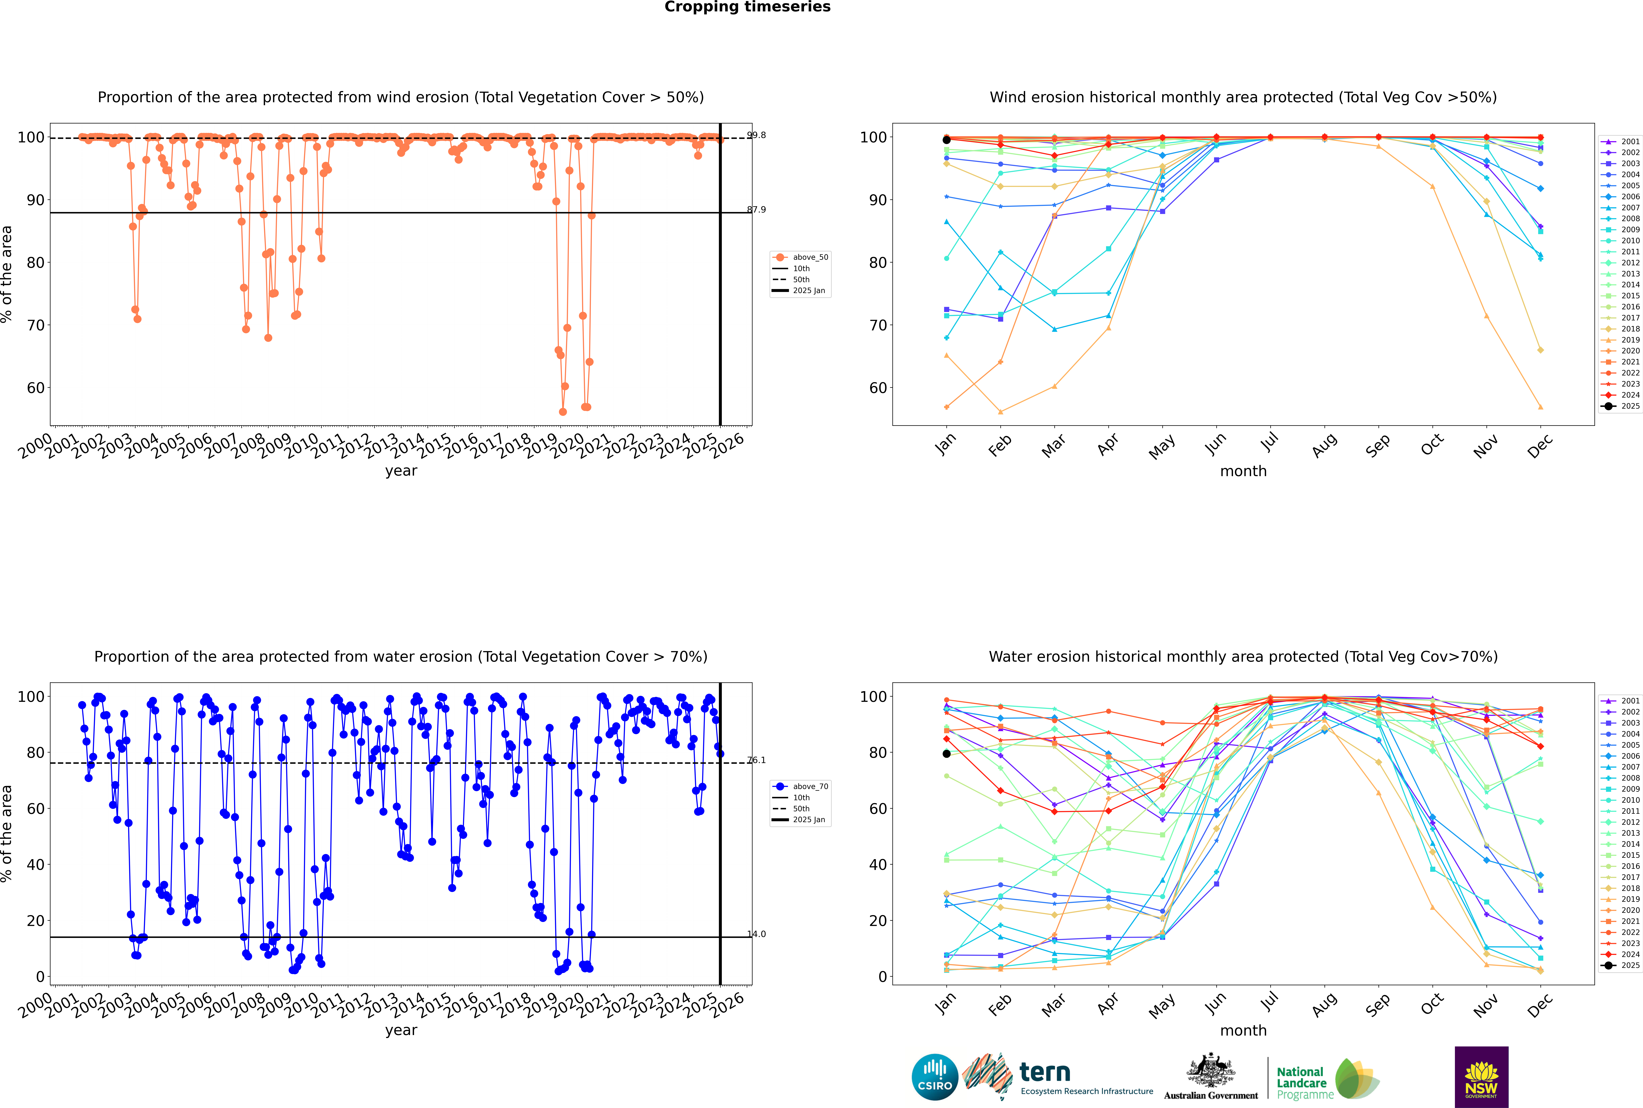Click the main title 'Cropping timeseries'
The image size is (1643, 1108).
[747, 7]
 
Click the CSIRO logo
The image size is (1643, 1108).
[934, 1078]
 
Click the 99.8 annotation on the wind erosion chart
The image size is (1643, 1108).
[757, 135]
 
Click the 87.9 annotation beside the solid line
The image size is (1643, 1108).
[757, 210]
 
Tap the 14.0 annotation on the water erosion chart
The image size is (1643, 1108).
[757, 934]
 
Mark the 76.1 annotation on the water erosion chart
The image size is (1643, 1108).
[757, 760]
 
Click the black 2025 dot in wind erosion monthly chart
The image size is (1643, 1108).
[947, 140]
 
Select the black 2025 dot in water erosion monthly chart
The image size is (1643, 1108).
[947, 754]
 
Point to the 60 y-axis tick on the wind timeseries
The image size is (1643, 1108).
[35, 388]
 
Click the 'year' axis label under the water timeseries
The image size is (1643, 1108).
[401, 1030]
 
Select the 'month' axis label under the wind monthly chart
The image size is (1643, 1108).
[1243, 471]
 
